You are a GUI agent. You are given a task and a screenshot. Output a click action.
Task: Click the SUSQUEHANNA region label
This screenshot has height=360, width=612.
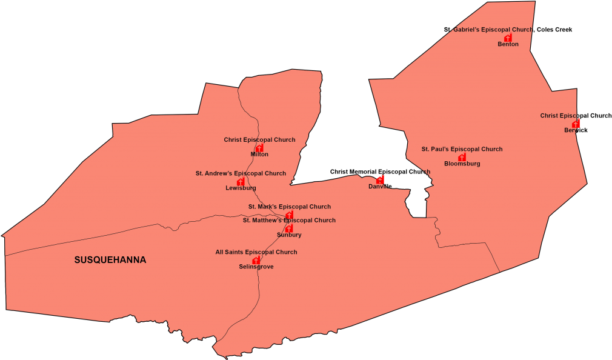(x=110, y=260)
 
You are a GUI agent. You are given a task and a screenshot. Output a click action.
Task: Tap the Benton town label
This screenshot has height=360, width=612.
(x=508, y=44)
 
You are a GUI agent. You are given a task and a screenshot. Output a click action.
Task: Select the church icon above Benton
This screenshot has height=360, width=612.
(x=508, y=37)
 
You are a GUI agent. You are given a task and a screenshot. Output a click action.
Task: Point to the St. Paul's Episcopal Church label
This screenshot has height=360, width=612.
(x=462, y=149)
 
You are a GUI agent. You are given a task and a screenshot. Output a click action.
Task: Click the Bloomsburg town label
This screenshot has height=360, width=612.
(x=462, y=164)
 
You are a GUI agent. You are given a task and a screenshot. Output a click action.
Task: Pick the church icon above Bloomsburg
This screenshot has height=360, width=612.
(x=462, y=157)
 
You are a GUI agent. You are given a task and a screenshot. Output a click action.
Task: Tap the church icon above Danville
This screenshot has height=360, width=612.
(x=380, y=179)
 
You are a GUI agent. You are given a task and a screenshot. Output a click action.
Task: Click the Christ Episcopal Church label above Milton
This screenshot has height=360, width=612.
(x=259, y=140)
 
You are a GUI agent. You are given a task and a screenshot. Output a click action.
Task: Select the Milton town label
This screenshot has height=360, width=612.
(x=259, y=155)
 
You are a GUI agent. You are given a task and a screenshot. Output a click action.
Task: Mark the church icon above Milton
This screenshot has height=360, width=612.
(x=259, y=148)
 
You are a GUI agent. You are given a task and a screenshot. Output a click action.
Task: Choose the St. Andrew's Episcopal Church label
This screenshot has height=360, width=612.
(x=241, y=173)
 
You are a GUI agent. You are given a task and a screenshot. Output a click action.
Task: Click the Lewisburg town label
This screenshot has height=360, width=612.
(x=241, y=188)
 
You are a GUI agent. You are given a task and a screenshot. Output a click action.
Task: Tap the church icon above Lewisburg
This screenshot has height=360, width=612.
(x=241, y=181)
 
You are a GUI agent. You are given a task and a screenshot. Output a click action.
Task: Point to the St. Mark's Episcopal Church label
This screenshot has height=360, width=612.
(x=289, y=207)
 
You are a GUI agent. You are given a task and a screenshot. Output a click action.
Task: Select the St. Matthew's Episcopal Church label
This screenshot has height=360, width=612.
(x=289, y=221)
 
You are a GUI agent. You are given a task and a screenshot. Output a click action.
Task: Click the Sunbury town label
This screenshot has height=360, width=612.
(x=289, y=235)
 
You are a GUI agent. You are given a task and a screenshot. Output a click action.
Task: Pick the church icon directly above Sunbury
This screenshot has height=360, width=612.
(x=289, y=228)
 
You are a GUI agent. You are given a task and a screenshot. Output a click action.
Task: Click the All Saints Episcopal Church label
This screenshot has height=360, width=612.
(x=256, y=252)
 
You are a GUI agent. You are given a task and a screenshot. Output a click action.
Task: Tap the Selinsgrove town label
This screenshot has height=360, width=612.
(x=256, y=267)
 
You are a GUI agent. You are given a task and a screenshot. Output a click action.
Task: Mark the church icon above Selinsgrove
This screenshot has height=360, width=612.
(x=256, y=260)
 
